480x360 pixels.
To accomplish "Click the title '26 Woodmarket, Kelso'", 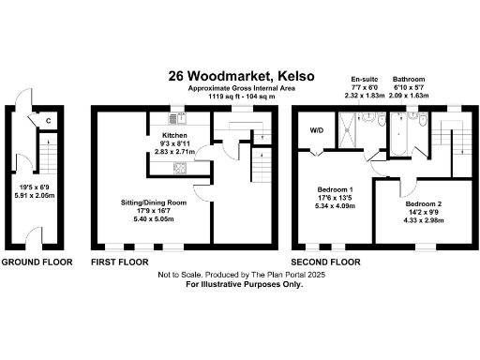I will coord(241,75).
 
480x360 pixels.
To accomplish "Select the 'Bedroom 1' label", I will coord(336,189).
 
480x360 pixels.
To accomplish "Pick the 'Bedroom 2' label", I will coord(425,203).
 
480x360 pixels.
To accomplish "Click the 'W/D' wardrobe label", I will coord(316,129).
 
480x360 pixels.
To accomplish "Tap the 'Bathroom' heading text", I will coord(409,80).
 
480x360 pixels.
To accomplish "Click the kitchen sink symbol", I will coord(175,118).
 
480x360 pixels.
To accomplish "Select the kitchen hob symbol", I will coord(176,168).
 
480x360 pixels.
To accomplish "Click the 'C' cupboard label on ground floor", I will coord(46,120).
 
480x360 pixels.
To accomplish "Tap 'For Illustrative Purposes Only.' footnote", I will coord(240,284).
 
